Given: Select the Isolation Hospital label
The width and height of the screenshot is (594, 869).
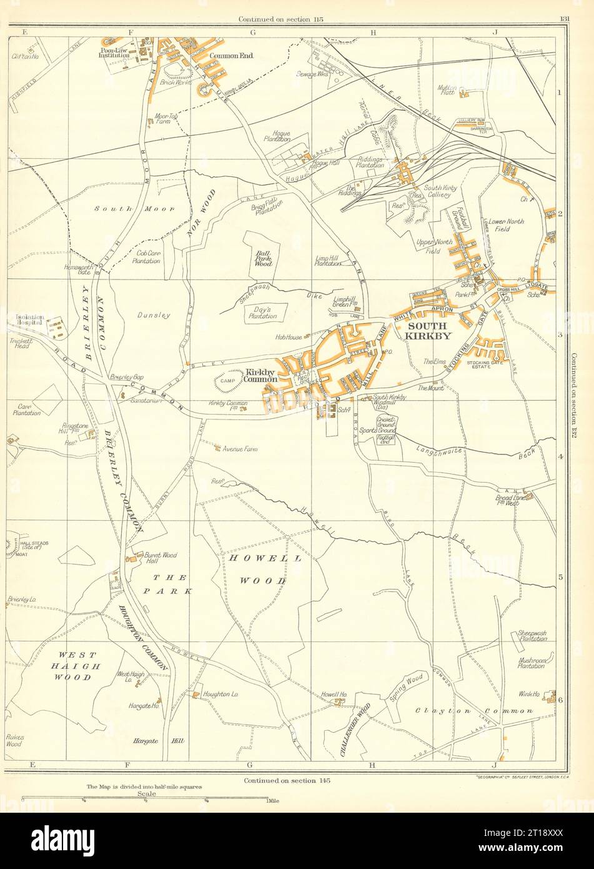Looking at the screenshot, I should (29, 319).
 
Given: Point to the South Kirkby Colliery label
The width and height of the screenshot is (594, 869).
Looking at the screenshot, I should (440, 191).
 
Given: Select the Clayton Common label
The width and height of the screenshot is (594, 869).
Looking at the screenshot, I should (474, 711).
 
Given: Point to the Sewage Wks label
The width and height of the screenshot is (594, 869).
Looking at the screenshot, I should (314, 73).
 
